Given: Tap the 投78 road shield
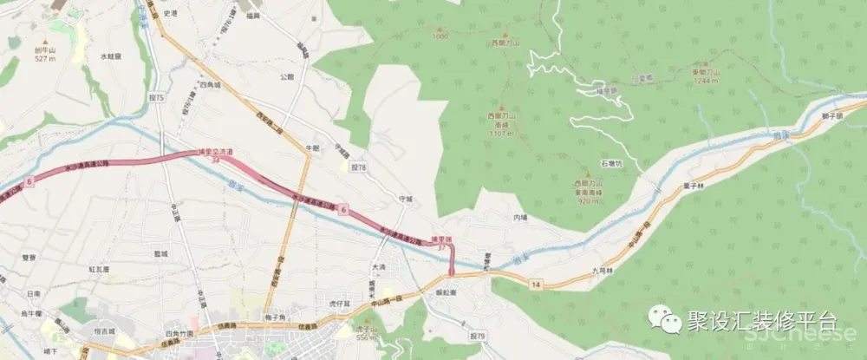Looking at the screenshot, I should [358, 166].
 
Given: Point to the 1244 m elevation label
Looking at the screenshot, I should [707, 81].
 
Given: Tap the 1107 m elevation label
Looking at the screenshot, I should [500, 134].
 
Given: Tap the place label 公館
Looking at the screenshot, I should [287, 76].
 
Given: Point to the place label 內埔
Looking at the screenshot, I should [520, 217].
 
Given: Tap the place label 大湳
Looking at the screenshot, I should [378, 267].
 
